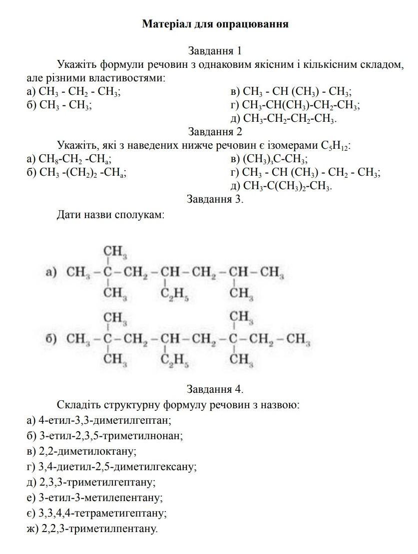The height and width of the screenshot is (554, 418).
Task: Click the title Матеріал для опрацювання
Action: tap(215, 24)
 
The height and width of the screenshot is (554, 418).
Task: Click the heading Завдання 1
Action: tap(215, 51)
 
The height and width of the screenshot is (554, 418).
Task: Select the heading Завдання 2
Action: tap(215, 132)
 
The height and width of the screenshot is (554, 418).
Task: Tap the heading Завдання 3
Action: tap(215, 199)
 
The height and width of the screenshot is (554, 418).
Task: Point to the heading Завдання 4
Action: tap(215, 389)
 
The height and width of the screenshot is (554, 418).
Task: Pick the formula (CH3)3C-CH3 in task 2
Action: tap(275, 159)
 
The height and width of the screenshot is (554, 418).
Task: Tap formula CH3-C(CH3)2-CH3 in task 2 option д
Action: tap(287, 186)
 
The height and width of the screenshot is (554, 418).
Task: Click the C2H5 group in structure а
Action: tap(174, 294)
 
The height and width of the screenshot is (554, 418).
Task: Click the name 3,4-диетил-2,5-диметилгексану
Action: tap(117, 467)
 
